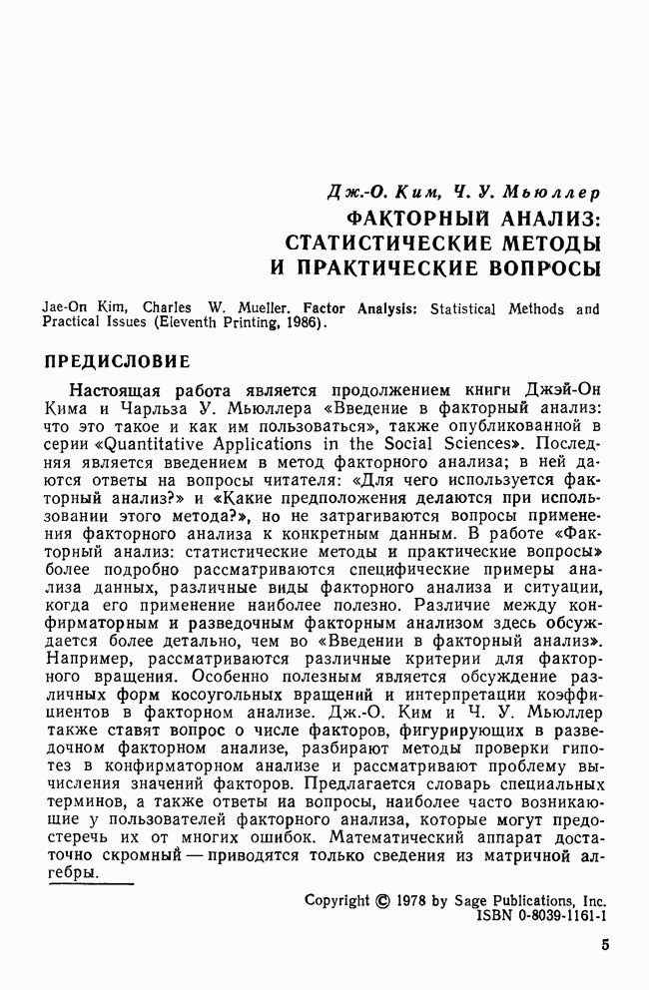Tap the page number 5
point(605,945)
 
